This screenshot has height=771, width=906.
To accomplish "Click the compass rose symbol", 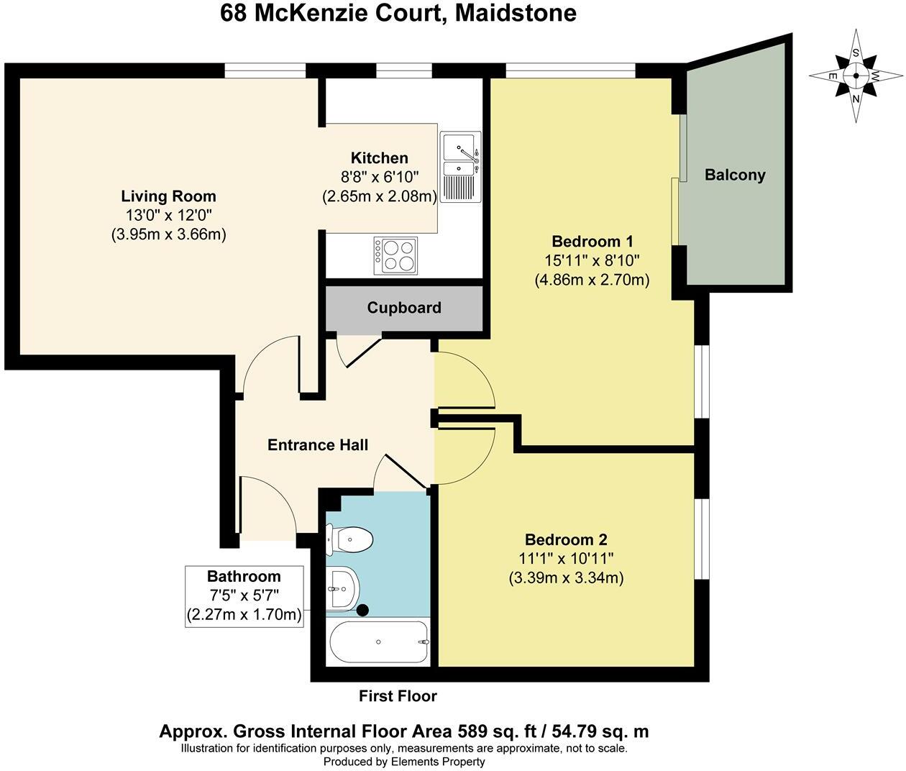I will (856, 76).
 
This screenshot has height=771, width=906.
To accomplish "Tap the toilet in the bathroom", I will (350, 539).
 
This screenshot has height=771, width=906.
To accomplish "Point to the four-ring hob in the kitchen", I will (395, 255).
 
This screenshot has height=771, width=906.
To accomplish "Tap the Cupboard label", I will (404, 308).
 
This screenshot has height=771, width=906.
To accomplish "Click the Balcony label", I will (735, 175).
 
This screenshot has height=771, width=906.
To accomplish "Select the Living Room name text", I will (168, 196).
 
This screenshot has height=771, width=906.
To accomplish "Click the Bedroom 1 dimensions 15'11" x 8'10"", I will (592, 260).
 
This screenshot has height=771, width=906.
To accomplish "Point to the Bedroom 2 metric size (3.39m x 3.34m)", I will (566, 578).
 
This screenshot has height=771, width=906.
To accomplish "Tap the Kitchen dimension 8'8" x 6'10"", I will (379, 177).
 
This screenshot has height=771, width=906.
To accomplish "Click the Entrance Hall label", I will (318, 445).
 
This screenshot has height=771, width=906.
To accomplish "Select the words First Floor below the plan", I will (398, 695).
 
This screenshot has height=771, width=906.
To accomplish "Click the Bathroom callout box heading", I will (244, 576).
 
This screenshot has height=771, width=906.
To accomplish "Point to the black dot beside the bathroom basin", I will (363, 610).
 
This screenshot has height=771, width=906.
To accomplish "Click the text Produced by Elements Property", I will (404, 762).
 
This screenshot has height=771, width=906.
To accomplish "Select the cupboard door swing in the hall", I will (357, 350).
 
